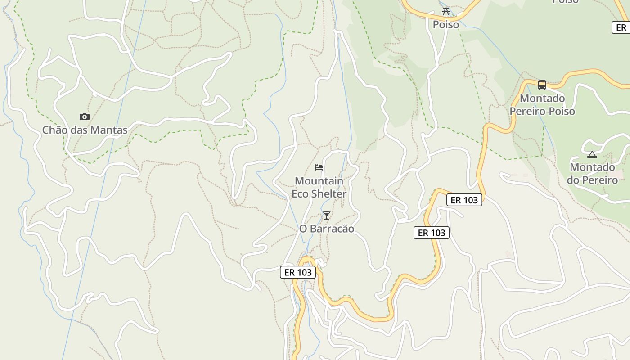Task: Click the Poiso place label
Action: [446, 24]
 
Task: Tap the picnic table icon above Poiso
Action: [446, 12]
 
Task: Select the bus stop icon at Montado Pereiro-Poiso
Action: [542, 85]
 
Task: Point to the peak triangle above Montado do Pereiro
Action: [592, 155]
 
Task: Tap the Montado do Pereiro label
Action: [592, 174]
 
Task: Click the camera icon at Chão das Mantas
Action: [84, 117]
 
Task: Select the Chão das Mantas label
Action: [85, 130]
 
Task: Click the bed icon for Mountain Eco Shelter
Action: [319, 167]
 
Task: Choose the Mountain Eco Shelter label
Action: [319, 187]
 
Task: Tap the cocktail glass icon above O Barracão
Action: [327, 216]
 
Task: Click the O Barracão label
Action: [327, 229]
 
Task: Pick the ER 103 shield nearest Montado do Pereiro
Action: [464, 200]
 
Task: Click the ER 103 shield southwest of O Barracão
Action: [298, 272]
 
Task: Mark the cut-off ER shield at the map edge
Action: [621, 27]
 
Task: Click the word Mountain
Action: [319, 181]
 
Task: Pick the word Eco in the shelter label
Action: [300, 194]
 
